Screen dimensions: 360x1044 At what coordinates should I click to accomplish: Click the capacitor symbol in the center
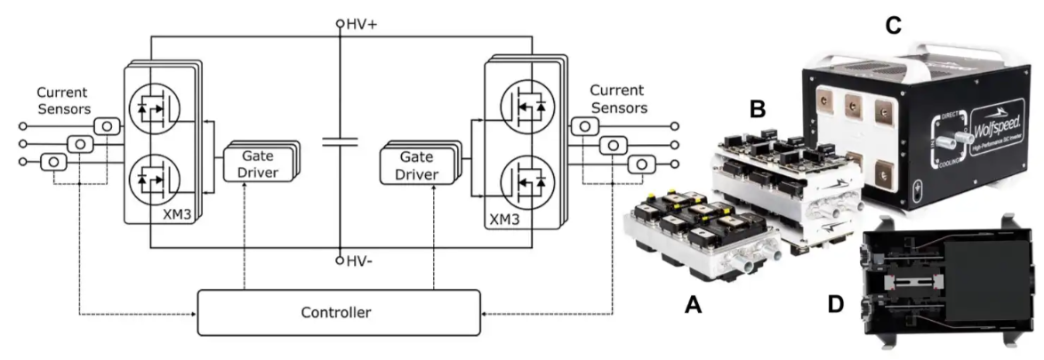[x=339, y=141]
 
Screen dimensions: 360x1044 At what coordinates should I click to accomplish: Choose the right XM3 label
[x=503, y=217]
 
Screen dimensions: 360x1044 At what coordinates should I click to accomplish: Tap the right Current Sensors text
[x=617, y=100]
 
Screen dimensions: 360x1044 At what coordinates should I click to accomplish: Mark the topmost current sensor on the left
[x=107, y=126]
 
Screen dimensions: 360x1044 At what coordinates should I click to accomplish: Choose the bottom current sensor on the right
[x=643, y=164]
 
